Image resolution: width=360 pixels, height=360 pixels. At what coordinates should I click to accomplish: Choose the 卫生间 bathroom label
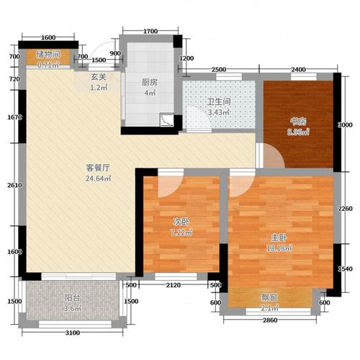[217, 102]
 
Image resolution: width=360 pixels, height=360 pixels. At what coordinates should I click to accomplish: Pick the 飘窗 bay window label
[271, 297]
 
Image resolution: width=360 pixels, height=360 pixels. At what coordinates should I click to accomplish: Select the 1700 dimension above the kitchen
[150, 32]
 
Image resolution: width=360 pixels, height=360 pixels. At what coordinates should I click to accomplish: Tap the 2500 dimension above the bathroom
[220, 69]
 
